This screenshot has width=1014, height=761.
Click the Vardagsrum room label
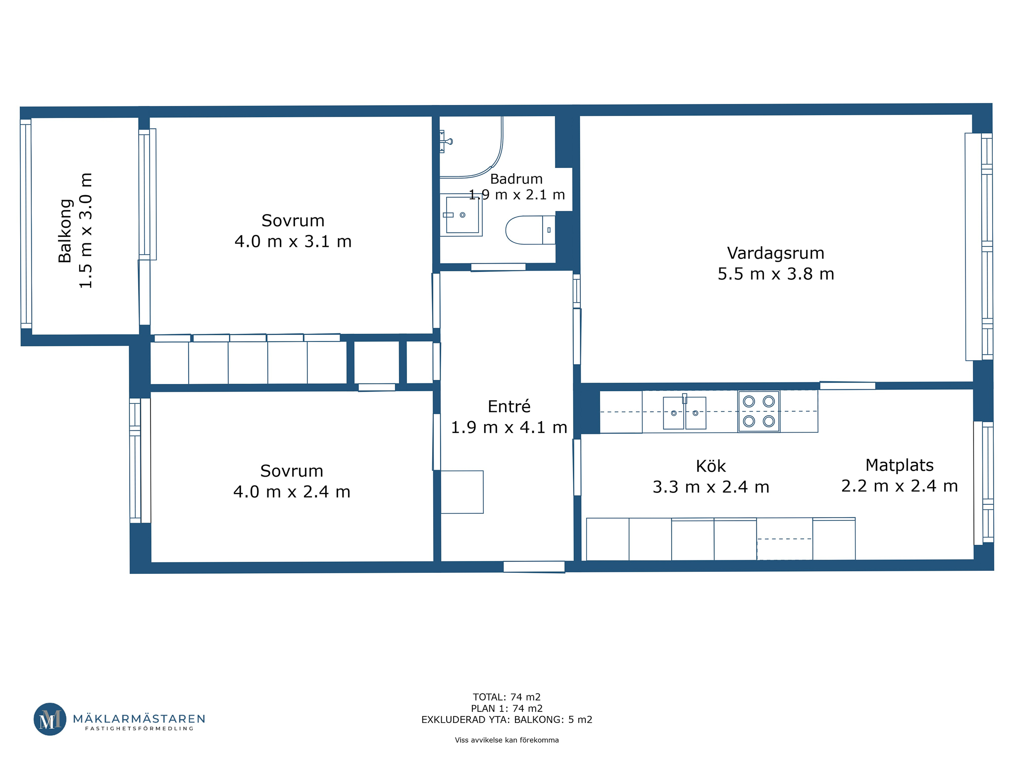click(x=775, y=253)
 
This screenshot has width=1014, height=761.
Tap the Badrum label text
click(x=516, y=179)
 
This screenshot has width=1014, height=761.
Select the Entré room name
click(x=509, y=407)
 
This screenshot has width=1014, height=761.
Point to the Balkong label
click(x=65, y=230)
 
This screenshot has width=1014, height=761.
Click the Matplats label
click(x=899, y=465)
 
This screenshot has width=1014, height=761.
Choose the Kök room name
click(x=710, y=466)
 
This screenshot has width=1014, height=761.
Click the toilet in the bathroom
click(x=530, y=230)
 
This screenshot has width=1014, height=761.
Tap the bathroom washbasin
click(x=461, y=215)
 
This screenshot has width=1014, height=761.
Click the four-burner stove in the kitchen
click(x=759, y=411)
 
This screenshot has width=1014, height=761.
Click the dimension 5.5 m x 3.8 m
click(x=776, y=274)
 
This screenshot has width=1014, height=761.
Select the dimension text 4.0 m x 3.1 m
click(x=293, y=242)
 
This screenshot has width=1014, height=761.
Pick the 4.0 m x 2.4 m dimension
click(x=292, y=492)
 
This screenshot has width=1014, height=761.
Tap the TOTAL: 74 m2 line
click(x=507, y=697)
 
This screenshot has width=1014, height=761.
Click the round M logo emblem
click(x=50, y=719)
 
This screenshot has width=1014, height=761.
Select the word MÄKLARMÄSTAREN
click(x=139, y=718)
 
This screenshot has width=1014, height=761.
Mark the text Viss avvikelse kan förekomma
click(x=507, y=740)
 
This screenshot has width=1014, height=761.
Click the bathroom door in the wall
click(x=498, y=268)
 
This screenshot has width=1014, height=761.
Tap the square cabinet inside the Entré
click(x=462, y=492)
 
